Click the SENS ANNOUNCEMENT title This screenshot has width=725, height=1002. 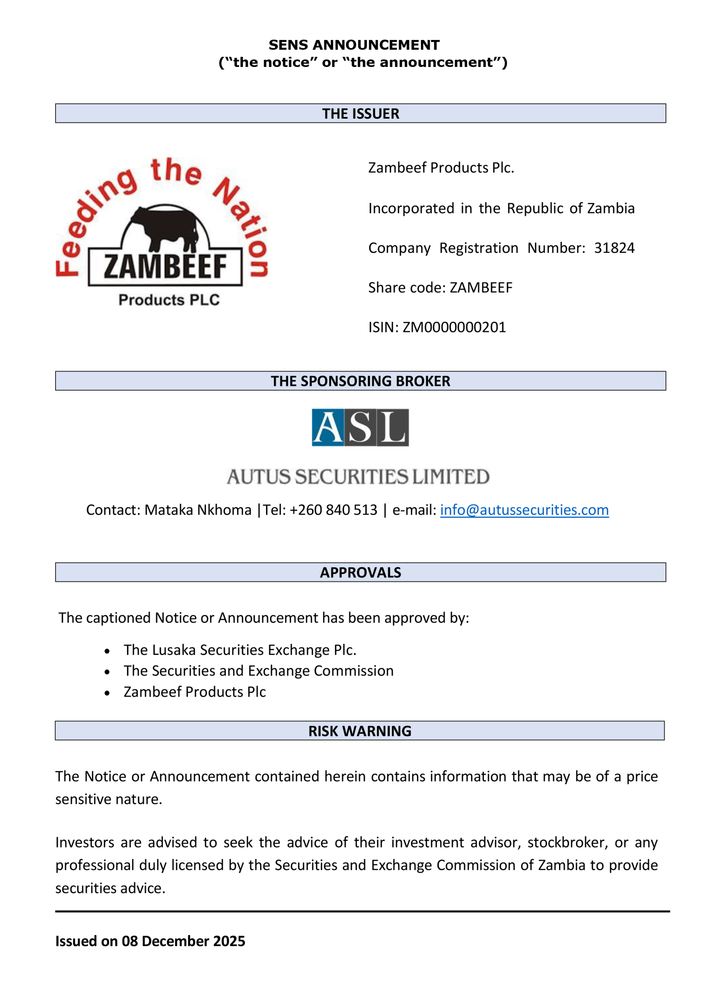tap(354, 45)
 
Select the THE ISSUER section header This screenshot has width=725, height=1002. tap(360, 114)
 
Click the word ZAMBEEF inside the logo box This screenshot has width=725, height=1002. tap(165, 267)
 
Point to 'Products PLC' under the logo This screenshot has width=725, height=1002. tap(169, 300)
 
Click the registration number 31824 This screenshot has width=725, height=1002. tap(614, 248)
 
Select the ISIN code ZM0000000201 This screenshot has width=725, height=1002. tap(454, 327)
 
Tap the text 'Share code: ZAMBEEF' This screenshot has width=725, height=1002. tap(440, 288)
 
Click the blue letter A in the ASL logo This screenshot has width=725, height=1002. tap(327, 427)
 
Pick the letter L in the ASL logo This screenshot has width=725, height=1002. tap(392, 427)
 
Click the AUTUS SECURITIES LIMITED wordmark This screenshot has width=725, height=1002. tap(358, 476)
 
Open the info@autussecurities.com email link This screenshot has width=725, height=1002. tap(524, 510)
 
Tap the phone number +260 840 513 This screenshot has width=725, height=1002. tap(333, 510)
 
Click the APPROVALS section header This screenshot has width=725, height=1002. tap(360, 573)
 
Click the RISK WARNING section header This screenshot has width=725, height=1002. tap(360, 731)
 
